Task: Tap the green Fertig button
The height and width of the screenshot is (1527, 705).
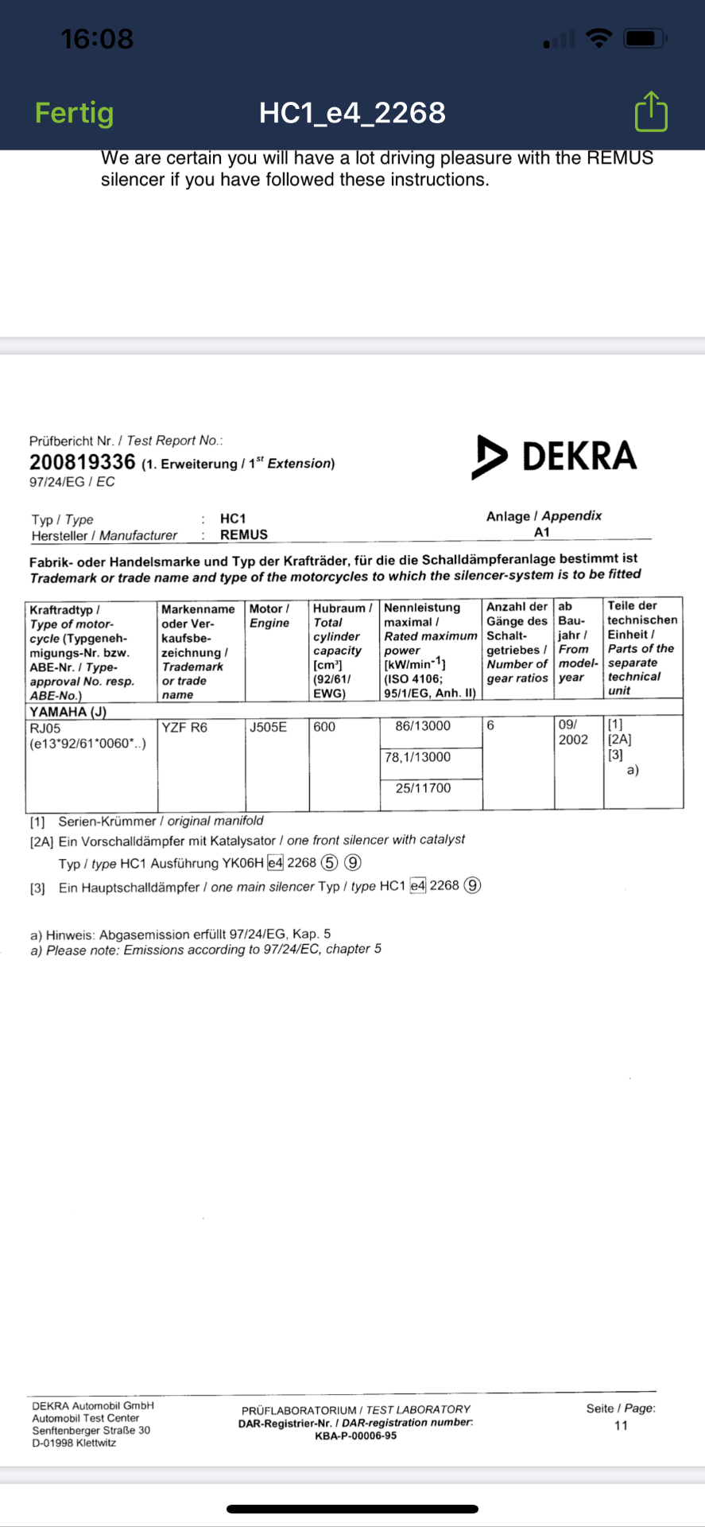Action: [x=74, y=113]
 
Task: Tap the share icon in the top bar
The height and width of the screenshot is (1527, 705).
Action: [x=651, y=111]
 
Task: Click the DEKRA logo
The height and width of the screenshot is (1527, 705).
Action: [x=555, y=457]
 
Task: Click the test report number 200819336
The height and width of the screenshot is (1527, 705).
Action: [x=83, y=462]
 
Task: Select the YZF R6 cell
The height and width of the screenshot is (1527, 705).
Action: [x=184, y=727]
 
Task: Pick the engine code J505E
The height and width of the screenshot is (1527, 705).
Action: [x=268, y=727]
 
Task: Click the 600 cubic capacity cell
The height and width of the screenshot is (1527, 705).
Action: [x=324, y=727]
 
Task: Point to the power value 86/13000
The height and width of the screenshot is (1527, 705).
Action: [x=423, y=726]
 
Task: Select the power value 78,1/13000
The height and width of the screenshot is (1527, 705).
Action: [x=417, y=757]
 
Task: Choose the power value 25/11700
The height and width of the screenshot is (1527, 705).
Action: [x=423, y=788]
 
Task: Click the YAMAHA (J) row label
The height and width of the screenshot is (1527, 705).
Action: [x=68, y=712]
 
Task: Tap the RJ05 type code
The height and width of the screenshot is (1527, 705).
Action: [x=45, y=728]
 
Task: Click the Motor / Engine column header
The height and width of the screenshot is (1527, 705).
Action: [x=269, y=616]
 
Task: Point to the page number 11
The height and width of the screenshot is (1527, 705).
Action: [x=621, y=1425]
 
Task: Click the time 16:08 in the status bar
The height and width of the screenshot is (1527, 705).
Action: [x=97, y=38]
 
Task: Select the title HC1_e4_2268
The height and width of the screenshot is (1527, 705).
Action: [x=352, y=113]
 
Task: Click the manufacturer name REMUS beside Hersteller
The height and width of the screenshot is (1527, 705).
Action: [x=244, y=535]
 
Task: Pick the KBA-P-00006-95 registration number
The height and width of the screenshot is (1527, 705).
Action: [x=355, y=1436]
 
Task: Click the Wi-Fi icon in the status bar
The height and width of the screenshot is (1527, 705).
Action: [x=598, y=37]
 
